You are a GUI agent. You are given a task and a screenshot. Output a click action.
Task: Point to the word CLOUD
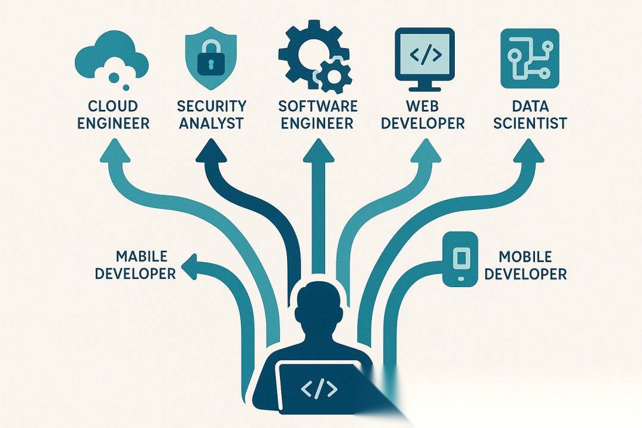112,107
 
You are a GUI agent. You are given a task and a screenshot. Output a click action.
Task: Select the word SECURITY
211,106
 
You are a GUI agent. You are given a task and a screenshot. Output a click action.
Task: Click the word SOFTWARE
318,107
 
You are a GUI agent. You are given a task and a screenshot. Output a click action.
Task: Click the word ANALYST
211,124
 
